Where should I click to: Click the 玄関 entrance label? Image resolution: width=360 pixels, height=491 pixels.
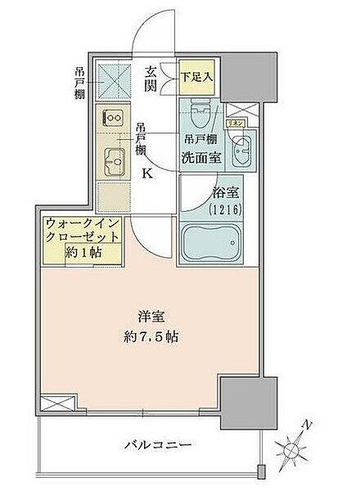pos(152,79)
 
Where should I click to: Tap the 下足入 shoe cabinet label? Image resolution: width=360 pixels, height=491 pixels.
pos(196,76)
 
